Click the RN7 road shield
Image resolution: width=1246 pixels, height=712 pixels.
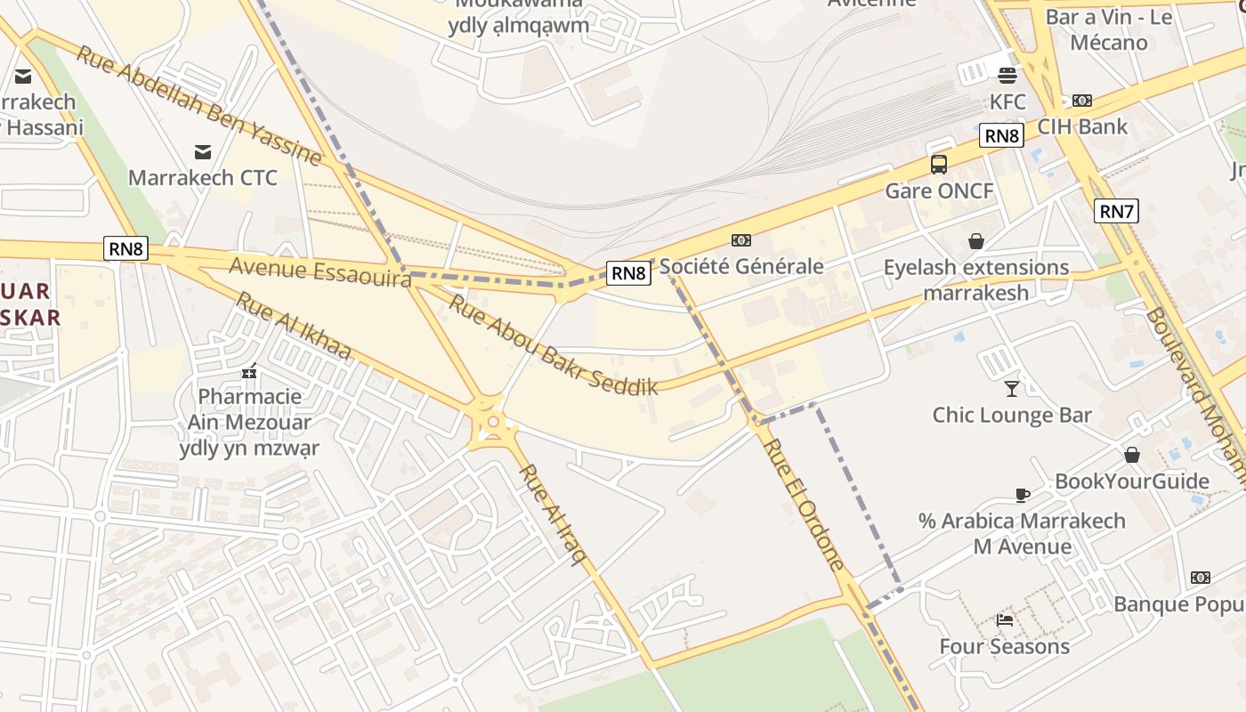tap(1116, 211)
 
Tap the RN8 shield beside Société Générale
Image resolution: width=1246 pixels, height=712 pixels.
tap(628, 272)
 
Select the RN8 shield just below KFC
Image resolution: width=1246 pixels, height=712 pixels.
tap(1001, 135)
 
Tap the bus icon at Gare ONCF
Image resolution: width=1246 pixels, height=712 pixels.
tap(939, 164)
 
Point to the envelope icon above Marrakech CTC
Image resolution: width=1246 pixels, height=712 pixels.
tap(203, 152)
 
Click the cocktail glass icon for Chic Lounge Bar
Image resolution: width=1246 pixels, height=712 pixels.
tap(1011, 388)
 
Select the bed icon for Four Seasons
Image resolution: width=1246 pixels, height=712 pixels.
tap(1005, 619)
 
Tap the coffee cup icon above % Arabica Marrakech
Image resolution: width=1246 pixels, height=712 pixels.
tap(1022, 495)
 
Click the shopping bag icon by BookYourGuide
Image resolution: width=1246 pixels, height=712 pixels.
tap(1132, 456)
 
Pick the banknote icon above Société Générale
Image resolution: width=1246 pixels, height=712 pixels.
tap(740, 240)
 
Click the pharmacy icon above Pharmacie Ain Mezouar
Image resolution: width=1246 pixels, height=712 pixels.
tap(249, 370)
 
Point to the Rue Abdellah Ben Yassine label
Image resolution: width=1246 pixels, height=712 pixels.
tap(198, 105)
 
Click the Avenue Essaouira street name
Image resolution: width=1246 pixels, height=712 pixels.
tap(320, 271)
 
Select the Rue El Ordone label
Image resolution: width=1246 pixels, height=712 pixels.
tap(805, 504)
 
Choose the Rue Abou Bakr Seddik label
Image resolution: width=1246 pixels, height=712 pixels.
tap(553, 344)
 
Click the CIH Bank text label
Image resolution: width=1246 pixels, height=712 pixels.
tap(1082, 126)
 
